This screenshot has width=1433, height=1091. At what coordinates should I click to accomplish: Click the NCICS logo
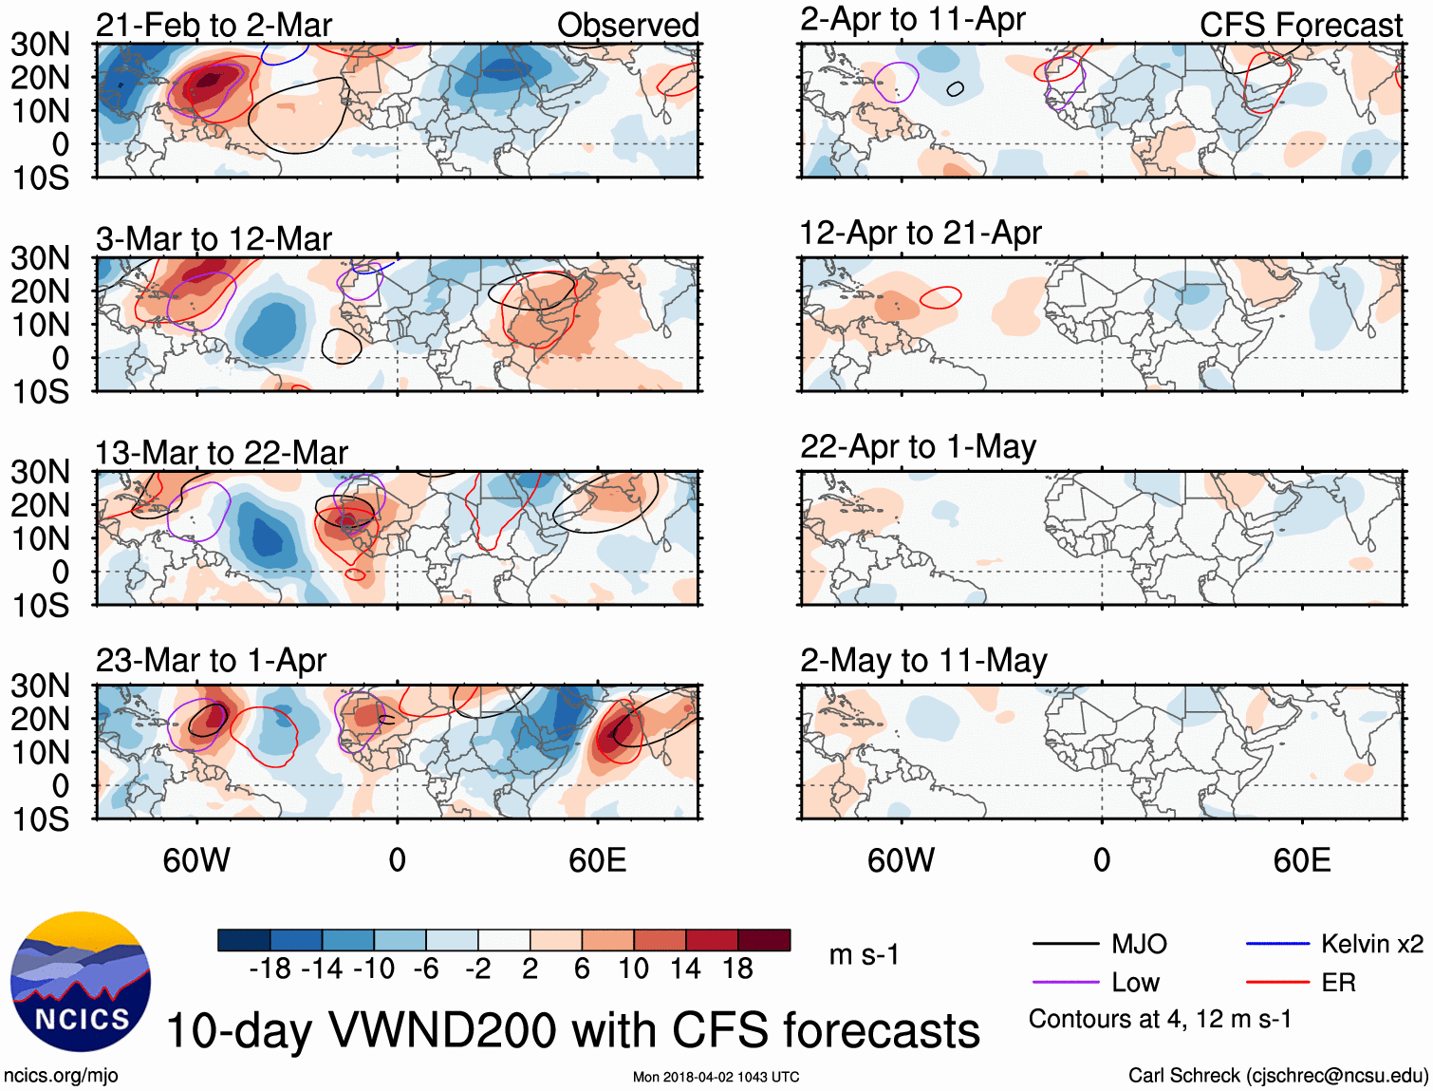coord(81,982)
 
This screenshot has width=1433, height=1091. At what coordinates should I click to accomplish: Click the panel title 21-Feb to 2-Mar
coord(214,26)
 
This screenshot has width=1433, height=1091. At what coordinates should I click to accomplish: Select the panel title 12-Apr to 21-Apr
coord(921,234)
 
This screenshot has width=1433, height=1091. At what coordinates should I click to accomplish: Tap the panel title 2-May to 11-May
coord(923,661)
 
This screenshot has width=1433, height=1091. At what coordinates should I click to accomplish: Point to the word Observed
coord(627,26)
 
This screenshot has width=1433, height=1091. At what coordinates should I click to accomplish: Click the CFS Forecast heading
coord(1300,26)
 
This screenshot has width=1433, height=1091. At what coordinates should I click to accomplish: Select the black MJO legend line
coord(1066,944)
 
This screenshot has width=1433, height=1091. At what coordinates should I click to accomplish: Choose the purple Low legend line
coord(1066,983)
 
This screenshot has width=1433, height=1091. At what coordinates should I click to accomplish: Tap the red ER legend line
coord(1277,983)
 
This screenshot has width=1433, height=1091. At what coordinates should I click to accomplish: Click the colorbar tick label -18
coord(270,969)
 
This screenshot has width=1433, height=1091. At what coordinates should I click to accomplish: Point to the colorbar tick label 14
coord(685,969)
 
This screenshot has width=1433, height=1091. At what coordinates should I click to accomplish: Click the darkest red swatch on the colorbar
coord(764,940)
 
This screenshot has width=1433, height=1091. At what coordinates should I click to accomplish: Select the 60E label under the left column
coord(597,860)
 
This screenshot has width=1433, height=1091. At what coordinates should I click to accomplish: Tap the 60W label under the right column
coord(901,860)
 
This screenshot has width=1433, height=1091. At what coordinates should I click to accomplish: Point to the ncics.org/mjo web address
coord(61,1076)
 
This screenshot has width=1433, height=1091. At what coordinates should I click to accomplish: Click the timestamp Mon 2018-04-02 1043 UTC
coord(716,1077)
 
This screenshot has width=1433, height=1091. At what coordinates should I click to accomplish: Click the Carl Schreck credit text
coord(1277,1076)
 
